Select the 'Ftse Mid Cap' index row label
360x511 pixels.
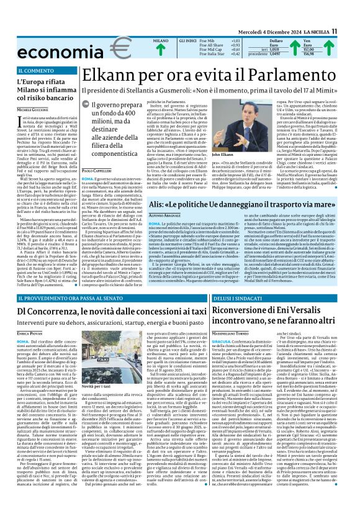click(194, 49)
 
